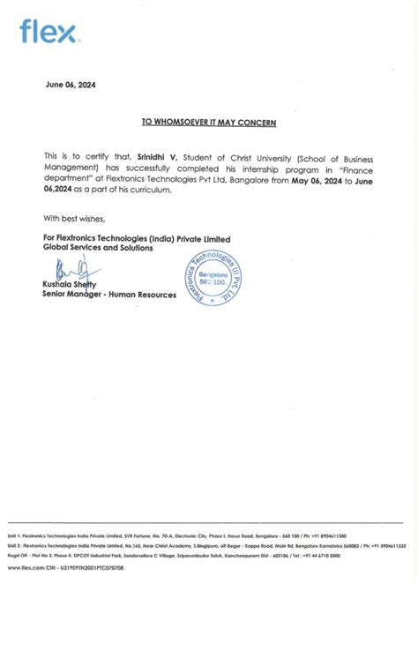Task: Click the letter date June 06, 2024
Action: pos(71,85)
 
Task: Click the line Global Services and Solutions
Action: pos(98,248)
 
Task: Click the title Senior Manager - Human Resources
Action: pos(108,294)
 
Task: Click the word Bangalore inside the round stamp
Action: pos(213,274)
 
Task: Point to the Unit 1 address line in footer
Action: pos(176,535)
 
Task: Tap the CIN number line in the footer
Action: pos(65,568)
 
